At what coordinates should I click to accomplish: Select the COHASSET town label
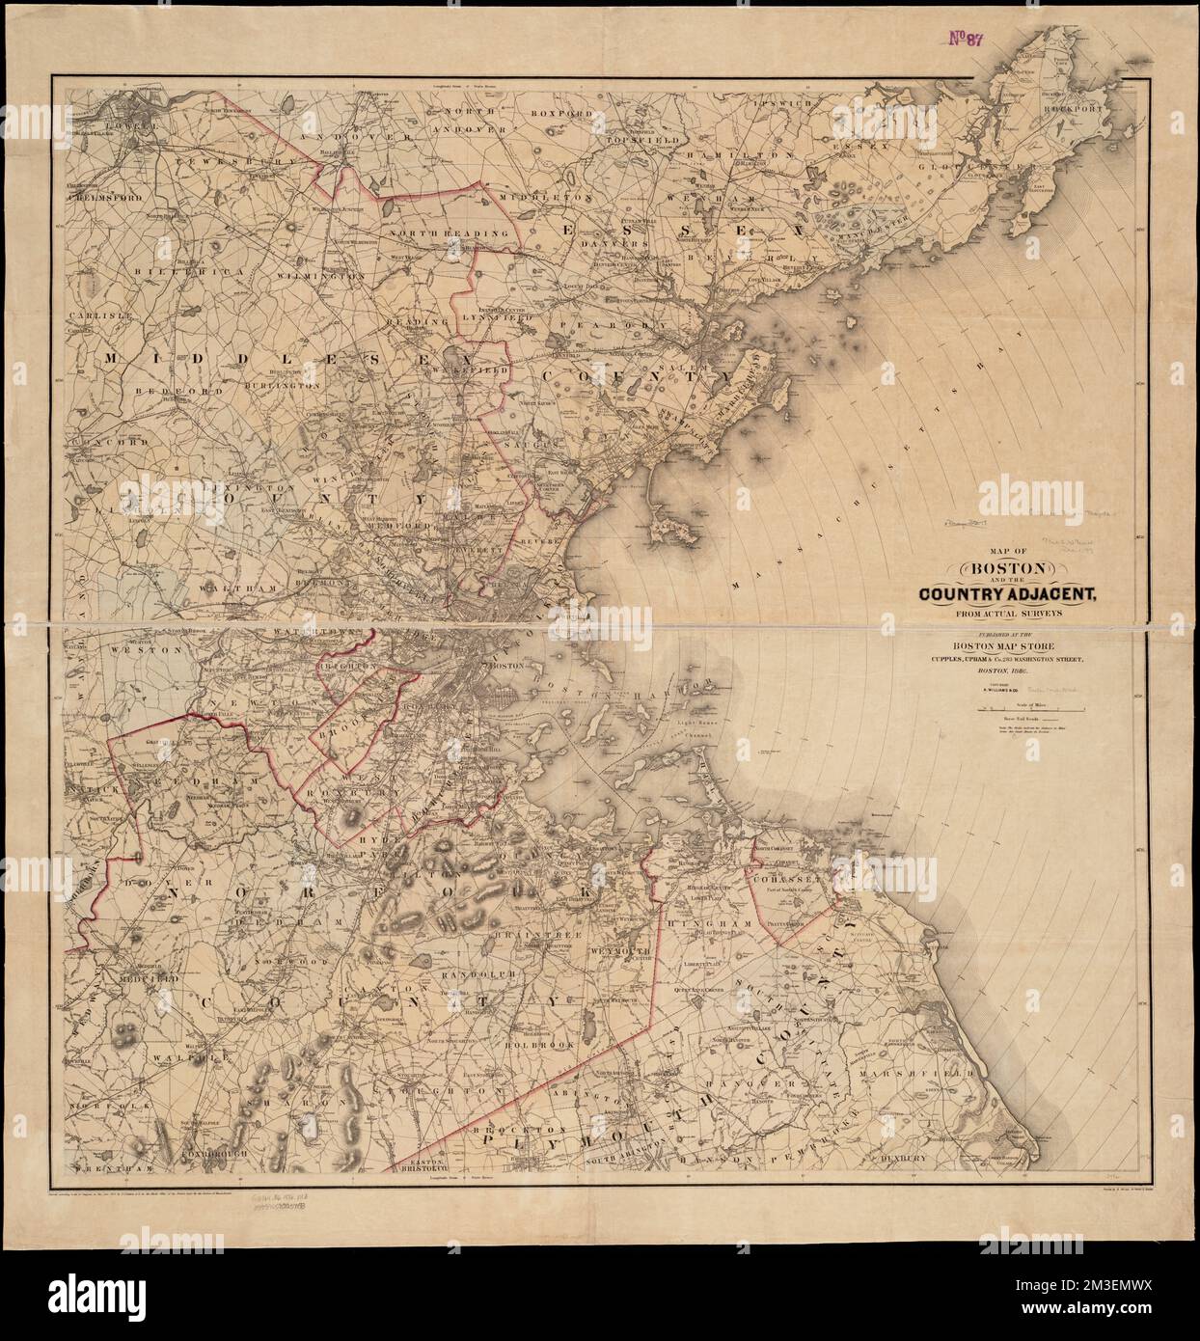787,881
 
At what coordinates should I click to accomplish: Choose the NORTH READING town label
435,233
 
